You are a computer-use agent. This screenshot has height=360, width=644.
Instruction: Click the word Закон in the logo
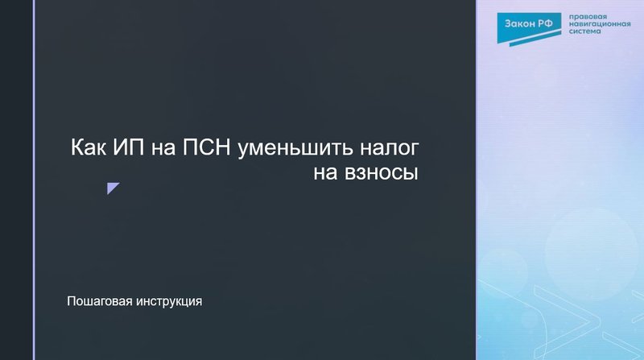(x=519, y=24)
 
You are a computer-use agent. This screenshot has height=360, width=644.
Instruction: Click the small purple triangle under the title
(x=112, y=188)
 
